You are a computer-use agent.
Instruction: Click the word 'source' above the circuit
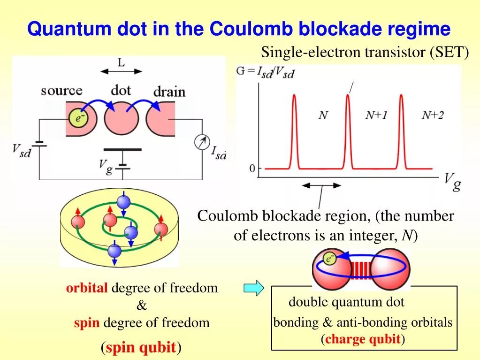pyautogui.click(x=61, y=90)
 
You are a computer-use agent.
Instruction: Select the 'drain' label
pyautogui.click(x=169, y=91)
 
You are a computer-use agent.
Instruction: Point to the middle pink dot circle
pyautogui.click(x=122, y=118)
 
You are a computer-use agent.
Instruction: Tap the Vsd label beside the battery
pyautogui.click(x=21, y=151)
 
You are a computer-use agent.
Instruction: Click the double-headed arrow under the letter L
pyautogui.click(x=121, y=71)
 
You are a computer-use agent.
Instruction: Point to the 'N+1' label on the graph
pyautogui.click(x=376, y=115)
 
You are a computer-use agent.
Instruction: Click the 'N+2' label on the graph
pyautogui.click(x=432, y=115)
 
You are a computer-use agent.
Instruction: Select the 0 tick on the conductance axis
pyautogui.click(x=252, y=169)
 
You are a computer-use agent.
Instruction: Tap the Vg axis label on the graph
pyautogui.click(x=452, y=181)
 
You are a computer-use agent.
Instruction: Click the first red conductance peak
pyautogui.click(x=295, y=131)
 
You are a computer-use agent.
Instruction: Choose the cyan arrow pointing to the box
pyautogui.click(x=253, y=288)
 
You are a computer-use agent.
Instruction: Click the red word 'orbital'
pyautogui.click(x=87, y=288)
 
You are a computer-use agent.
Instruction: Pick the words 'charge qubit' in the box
pyautogui.click(x=363, y=339)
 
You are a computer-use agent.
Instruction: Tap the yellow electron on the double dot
pyautogui.click(x=330, y=258)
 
